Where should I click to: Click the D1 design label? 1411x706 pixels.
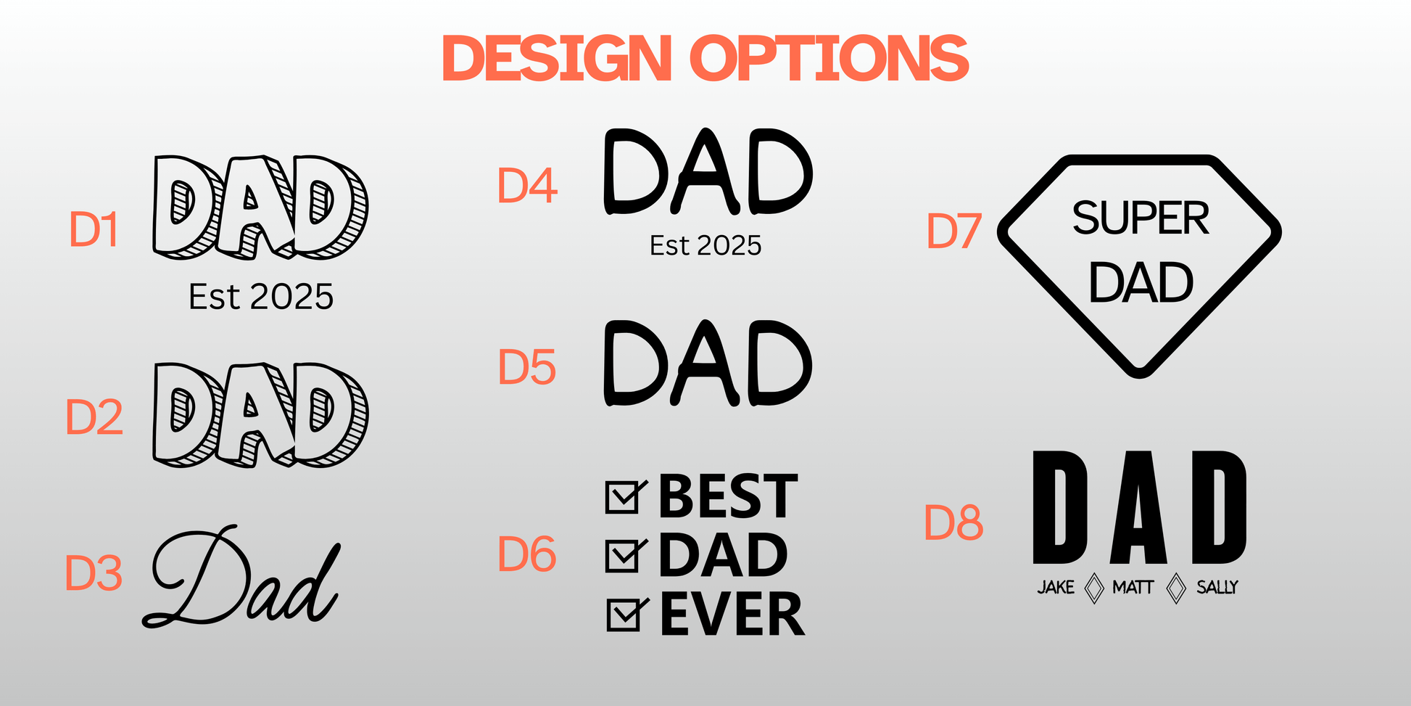pos(94,230)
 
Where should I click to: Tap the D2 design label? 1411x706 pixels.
pos(94,417)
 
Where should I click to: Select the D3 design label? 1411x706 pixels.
pos(94,573)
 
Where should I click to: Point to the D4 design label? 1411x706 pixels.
pos(527,186)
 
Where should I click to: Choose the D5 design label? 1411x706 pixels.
pos(527,367)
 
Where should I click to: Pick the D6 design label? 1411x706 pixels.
pos(527,554)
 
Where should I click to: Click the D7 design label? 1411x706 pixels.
pos(954,231)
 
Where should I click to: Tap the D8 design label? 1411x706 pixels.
pos(954,523)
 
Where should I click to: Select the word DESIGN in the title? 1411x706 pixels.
pos(557,58)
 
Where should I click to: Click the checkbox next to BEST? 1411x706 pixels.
pos(624,496)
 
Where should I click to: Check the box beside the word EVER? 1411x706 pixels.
pos(625,615)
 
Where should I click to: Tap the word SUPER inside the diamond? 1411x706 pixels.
pos(1141,218)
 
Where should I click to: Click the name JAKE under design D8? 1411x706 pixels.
pos(1056,587)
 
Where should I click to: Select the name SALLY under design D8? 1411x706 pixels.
pos(1217,587)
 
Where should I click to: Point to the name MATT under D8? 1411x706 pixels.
pos(1133,587)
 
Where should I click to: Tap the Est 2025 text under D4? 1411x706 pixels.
pos(705,246)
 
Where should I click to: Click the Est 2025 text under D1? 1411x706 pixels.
pos(261,297)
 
